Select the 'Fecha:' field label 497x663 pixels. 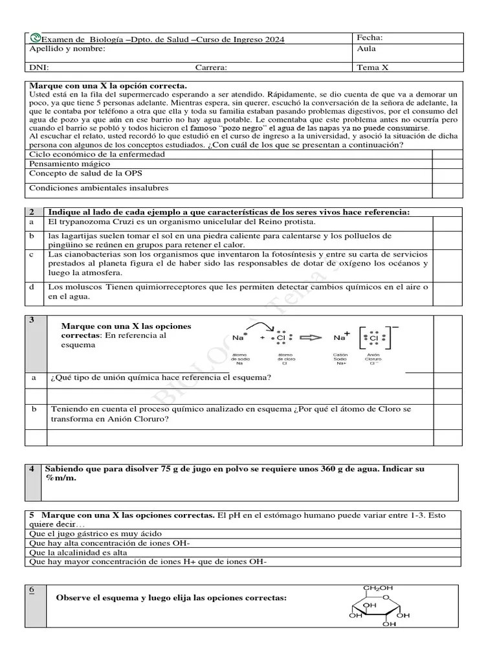(x=370, y=38)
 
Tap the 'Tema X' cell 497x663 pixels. (x=372, y=67)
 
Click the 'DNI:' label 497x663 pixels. (x=39, y=67)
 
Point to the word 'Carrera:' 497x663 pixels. (x=211, y=67)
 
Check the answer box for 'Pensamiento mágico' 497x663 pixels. (x=447, y=164)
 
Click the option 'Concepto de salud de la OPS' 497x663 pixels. (x=86, y=174)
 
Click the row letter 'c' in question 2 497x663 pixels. (x=31, y=254)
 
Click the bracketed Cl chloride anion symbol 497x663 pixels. (x=373, y=337)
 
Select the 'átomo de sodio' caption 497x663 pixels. (x=240, y=359)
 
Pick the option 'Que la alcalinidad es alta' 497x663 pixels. (x=78, y=552)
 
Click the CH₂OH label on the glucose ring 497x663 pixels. (x=377, y=588)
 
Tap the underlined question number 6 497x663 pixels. (x=32, y=589)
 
